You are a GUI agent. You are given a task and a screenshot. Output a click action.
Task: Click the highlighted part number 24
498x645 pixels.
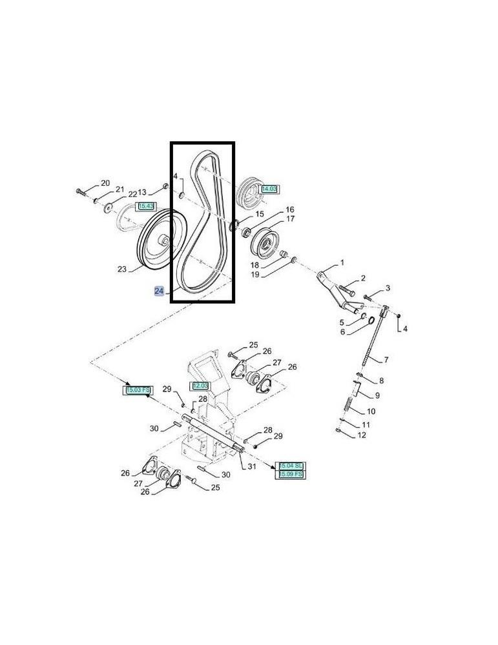[x=159, y=291]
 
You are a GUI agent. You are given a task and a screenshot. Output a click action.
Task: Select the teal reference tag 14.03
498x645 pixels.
[x=269, y=189]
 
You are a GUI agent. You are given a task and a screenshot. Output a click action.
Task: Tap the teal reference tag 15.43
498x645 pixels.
[x=146, y=206]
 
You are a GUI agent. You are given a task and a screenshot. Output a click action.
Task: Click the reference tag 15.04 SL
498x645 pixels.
[x=291, y=465]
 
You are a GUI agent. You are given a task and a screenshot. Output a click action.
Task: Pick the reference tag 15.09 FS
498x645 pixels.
[x=291, y=474]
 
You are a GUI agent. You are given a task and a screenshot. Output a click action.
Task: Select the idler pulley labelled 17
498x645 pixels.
[x=265, y=244]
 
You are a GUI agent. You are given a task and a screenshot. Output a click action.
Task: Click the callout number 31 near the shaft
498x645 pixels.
[x=251, y=466]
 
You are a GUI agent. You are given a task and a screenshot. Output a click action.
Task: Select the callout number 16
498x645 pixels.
[x=289, y=210]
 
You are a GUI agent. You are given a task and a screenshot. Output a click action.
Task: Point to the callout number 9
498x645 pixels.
[x=378, y=395]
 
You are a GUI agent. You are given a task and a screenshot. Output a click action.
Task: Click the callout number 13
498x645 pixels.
[x=143, y=192]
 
